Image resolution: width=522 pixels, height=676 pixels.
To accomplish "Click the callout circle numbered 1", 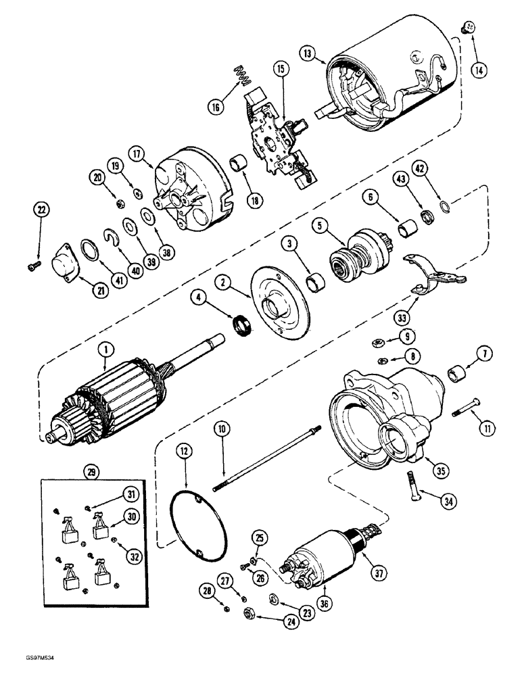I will tap(105, 349).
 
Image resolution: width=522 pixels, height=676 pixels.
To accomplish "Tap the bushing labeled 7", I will tap(458, 372).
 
